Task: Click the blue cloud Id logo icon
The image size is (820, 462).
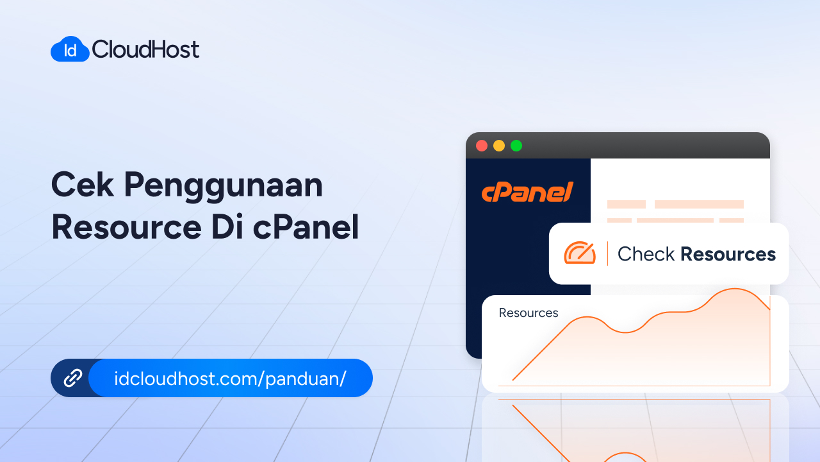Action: pos(70,49)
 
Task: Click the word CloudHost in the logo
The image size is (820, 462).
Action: pos(146,49)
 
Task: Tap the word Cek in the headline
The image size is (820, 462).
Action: pos(81,185)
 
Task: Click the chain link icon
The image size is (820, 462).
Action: pos(73,378)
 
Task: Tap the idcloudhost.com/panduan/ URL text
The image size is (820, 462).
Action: pos(230,378)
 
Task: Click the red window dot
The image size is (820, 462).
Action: pos(482,146)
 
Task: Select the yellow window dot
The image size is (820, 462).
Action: pos(499,146)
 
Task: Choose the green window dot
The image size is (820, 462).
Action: pos(516,146)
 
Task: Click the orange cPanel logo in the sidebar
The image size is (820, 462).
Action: pos(527,192)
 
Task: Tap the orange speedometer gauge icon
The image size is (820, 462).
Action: pos(580,253)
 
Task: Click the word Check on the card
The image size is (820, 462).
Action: pos(646,254)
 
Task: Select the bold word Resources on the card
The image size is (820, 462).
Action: pos(728,254)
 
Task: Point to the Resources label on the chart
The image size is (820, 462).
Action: pos(529,313)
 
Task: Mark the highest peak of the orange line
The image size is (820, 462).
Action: pos(735,289)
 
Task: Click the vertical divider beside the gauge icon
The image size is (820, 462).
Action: pos(607,253)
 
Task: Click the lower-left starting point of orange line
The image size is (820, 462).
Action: pos(513,380)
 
